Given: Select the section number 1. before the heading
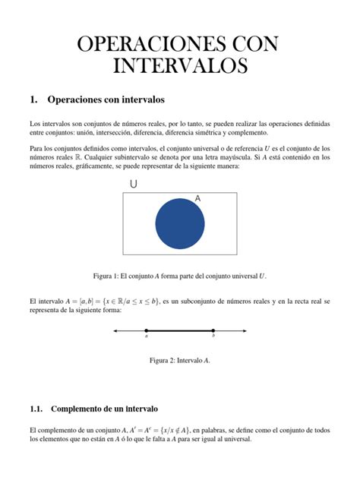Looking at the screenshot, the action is tap(33, 99).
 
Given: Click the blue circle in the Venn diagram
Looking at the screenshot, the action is tap(180, 223).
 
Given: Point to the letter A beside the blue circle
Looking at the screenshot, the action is tap(197, 198).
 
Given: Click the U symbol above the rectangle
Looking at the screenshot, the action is tap(134, 184).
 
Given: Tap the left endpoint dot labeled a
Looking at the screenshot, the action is tap(147, 331).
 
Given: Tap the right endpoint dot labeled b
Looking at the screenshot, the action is tap(213, 331).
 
